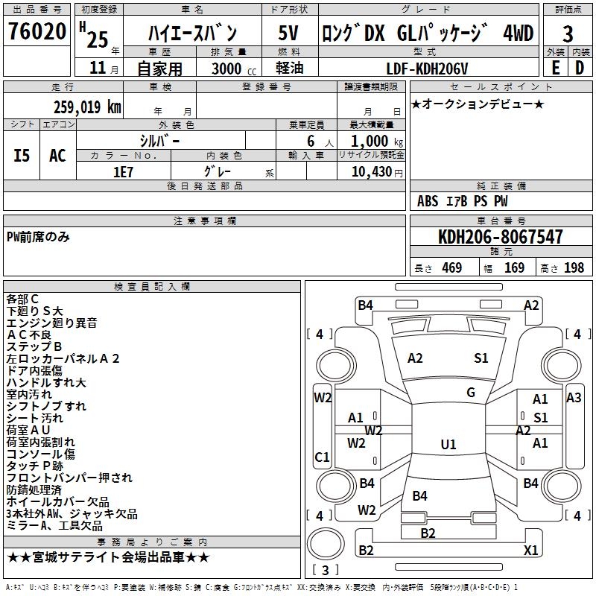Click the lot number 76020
click(x=37, y=32)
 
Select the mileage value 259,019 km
click(x=87, y=107)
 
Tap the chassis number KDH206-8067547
click(x=500, y=238)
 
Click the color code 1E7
click(x=123, y=171)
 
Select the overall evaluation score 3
click(x=568, y=34)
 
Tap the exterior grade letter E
click(x=555, y=68)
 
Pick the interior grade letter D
click(x=580, y=68)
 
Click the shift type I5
click(x=22, y=155)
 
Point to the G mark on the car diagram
click(x=471, y=393)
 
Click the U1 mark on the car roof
click(x=448, y=445)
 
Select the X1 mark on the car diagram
click(x=530, y=551)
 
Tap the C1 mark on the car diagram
click(x=322, y=457)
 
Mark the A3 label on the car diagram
click(x=574, y=398)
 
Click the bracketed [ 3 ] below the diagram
click(x=324, y=570)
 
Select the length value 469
click(x=451, y=267)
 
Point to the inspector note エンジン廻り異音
click(x=51, y=323)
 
